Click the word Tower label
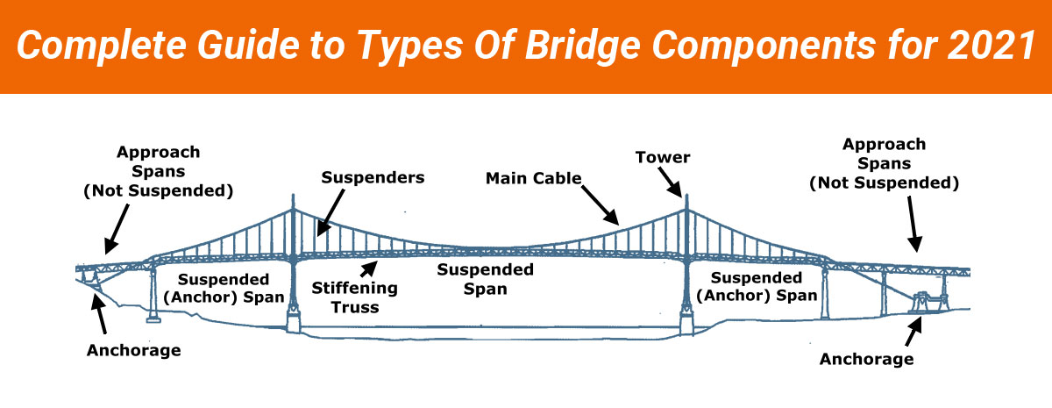664,157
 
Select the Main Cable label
535,178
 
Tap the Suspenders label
373,177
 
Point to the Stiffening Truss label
355,297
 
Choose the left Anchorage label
133,350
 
